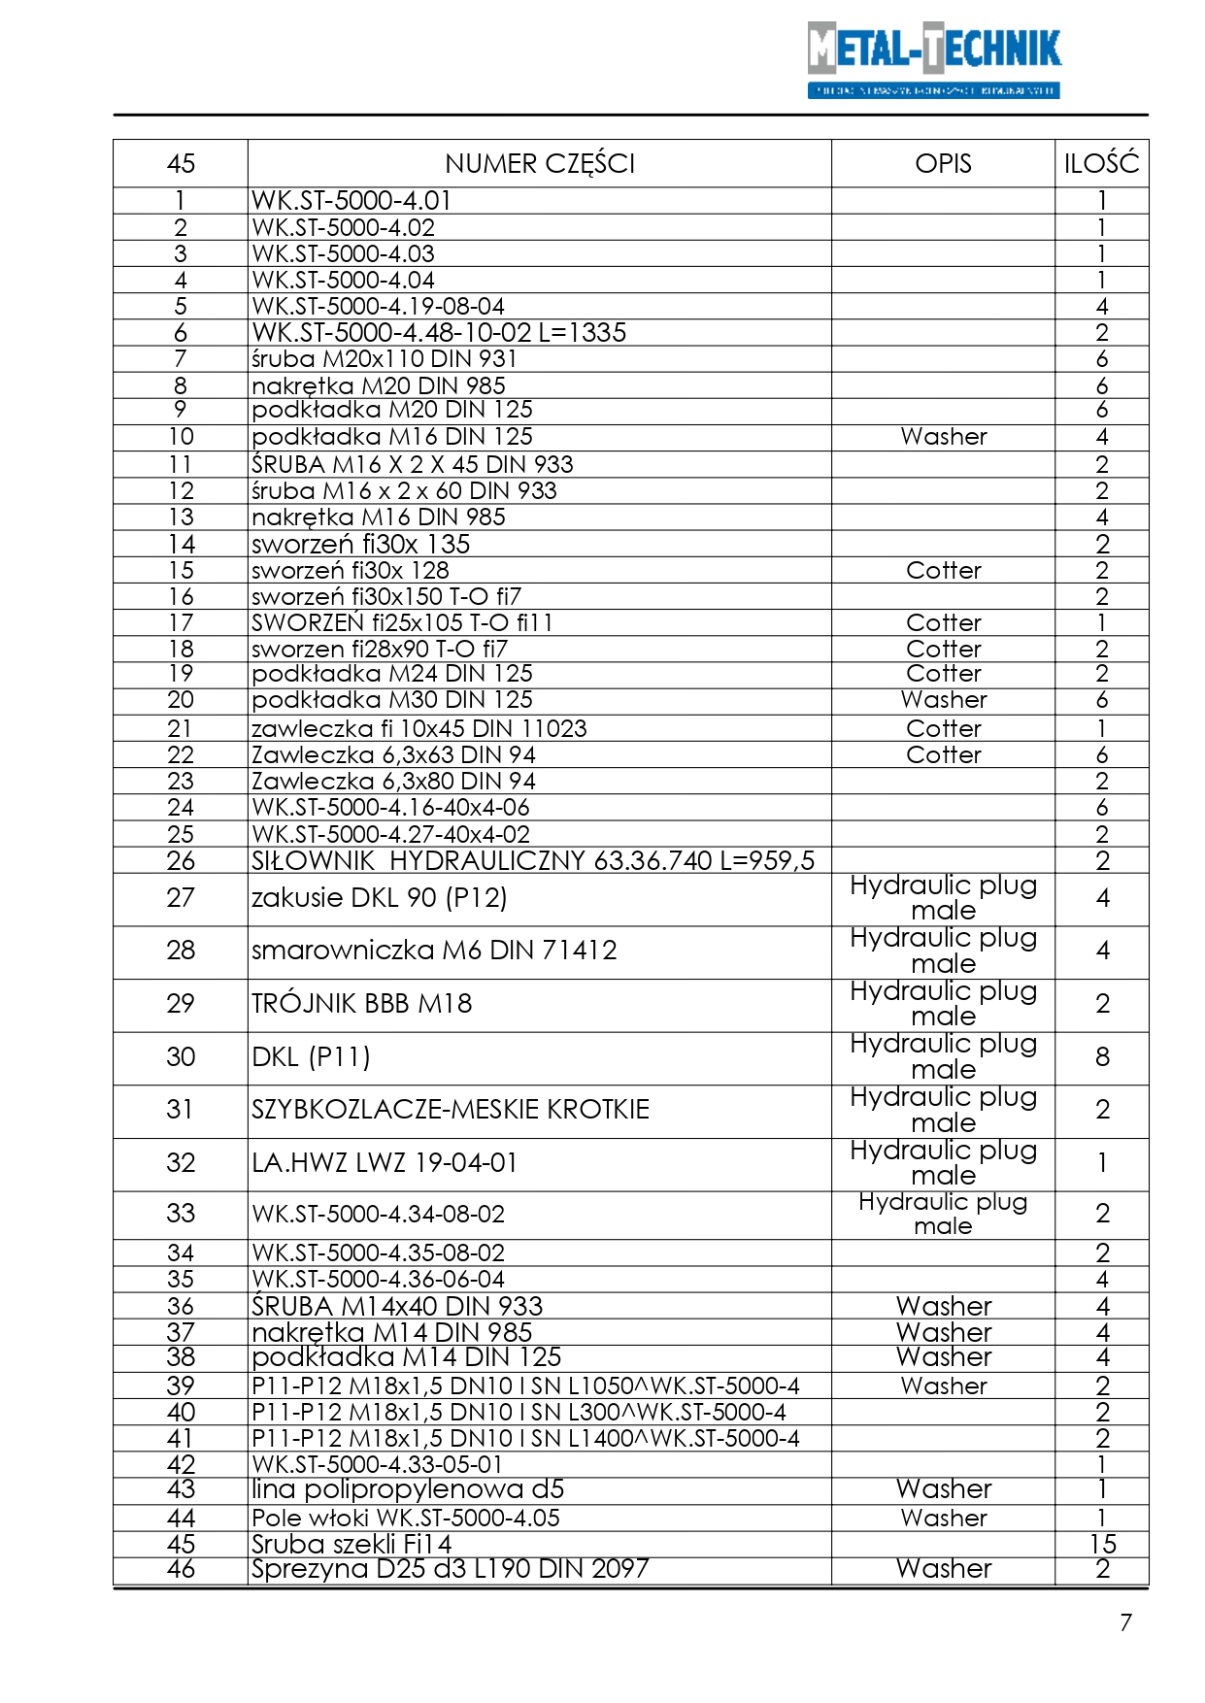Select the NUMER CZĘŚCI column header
click(x=540, y=163)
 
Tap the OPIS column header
click(x=943, y=163)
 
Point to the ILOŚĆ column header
click(x=1101, y=163)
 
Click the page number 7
click(x=1125, y=1622)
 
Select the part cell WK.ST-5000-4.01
click(x=351, y=201)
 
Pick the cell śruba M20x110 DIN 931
click(x=384, y=359)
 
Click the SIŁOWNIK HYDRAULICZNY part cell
click(x=533, y=861)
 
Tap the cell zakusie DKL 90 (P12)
click(x=380, y=898)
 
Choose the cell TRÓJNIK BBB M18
click(x=361, y=1004)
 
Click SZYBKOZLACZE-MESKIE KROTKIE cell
click(x=451, y=1110)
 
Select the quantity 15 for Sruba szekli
click(x=1102, y=1544)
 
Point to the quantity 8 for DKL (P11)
click(x=1102, y=1057)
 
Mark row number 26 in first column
click(x=181, y=861)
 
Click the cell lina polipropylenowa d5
click(x=408, y=1489)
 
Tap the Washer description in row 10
click(x=943, y=437)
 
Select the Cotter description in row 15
click(x=943, y=571)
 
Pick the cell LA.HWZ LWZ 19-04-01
click(x=385, y=1163)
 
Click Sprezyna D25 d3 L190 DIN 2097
click(x=450, y=1569)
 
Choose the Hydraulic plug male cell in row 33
click(x=943, y=1215)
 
